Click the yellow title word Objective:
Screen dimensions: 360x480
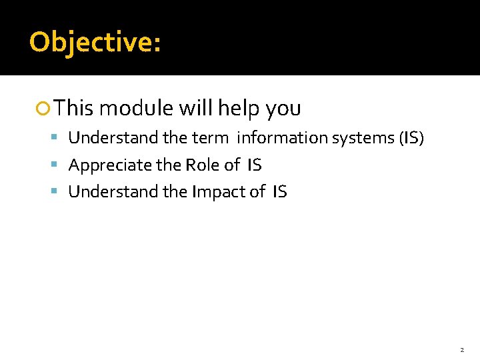pyautogui.click(x=95, y=43)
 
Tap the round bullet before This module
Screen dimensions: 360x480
pyautogui.click(x=45, y=108)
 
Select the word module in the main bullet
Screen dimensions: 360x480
pyautogui.click(x=135, y=108)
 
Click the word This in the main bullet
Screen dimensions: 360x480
pyautogui.click(x=74, y=108)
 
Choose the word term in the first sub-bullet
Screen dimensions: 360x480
pyautogui.click(x=210, y=138)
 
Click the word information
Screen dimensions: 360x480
pyautogui.click(x=273, y=138)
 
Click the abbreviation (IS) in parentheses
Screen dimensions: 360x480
pyautogui.click(x=411, y=138)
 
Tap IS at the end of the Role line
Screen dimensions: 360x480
pyautogui.click(x=254, y=165)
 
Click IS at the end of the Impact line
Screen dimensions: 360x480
pyautogui.click(x=279, y=192)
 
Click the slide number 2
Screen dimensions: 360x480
pyautogui.click(x=461, y=349)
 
